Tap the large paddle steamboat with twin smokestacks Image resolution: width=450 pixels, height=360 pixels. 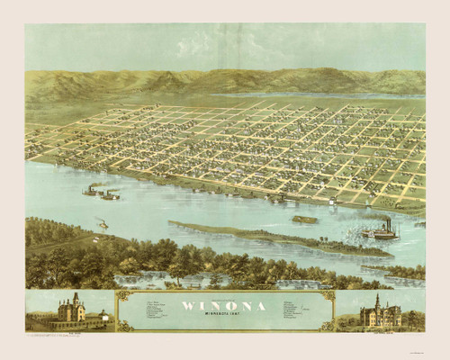point(380,233)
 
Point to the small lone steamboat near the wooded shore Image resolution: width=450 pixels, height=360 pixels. point(103,223)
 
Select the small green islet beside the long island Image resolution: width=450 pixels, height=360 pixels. point(304,219)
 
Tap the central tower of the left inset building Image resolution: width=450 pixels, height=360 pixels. point(76,301)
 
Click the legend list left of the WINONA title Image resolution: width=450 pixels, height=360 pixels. point(148,310)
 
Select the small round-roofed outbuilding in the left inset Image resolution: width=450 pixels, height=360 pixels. point(104,316)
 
